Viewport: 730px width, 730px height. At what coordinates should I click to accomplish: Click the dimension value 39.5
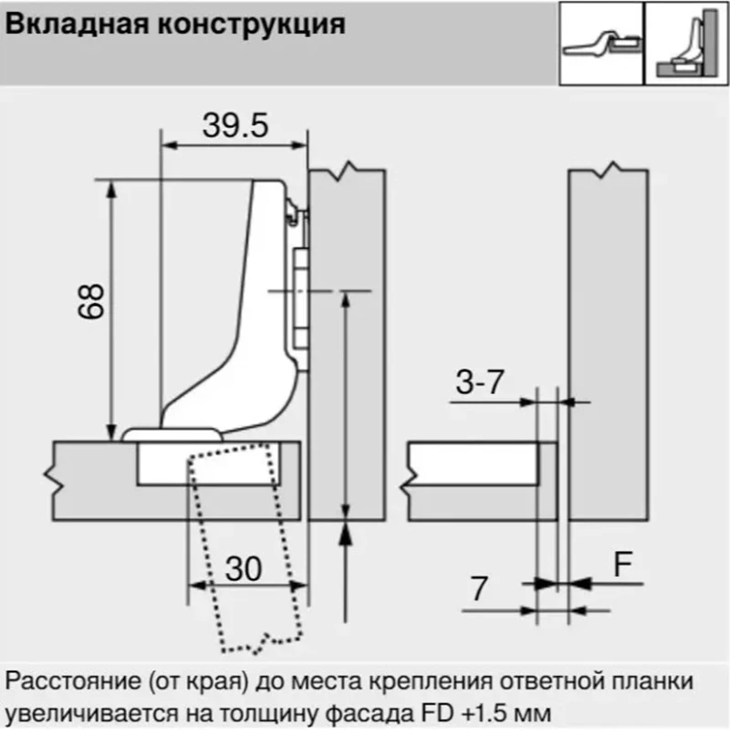pyautogui.click(x=235, y=125)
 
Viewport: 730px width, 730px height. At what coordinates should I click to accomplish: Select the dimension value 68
pyautogui.click(x=91, y=301)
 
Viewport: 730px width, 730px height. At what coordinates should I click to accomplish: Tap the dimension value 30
pyautogui.click(x=244, y=568)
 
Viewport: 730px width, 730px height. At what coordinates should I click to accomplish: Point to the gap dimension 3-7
pyautogui.click(x=480, y=382)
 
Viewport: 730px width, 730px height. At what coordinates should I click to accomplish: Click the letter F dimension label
pyautogui.click(x=623, y=564)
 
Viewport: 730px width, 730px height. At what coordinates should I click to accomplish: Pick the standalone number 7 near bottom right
pyautogui.click(x=480, y=589)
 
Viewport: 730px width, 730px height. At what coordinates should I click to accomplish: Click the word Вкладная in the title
pyautogui.click(x=78, y=25)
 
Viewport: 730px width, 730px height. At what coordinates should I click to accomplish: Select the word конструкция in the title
pyautogui.click(x=252, y=26)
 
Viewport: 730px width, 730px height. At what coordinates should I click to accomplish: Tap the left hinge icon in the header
pyautogui.click(x=601, y=43)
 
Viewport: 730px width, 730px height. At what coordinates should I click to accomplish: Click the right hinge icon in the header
pyautogui.click(x=687, y=43)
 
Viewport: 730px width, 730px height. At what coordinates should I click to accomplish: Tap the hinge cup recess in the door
pyautogui.click(x=209, y=464)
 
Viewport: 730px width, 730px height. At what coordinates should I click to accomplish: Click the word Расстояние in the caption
pyautogui.click(x=73, y=681)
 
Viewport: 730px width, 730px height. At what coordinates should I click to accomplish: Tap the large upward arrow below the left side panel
pyautogui.click(x=345, y=572)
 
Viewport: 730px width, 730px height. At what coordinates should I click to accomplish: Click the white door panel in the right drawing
pyautogui.click(x=474, y=464)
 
